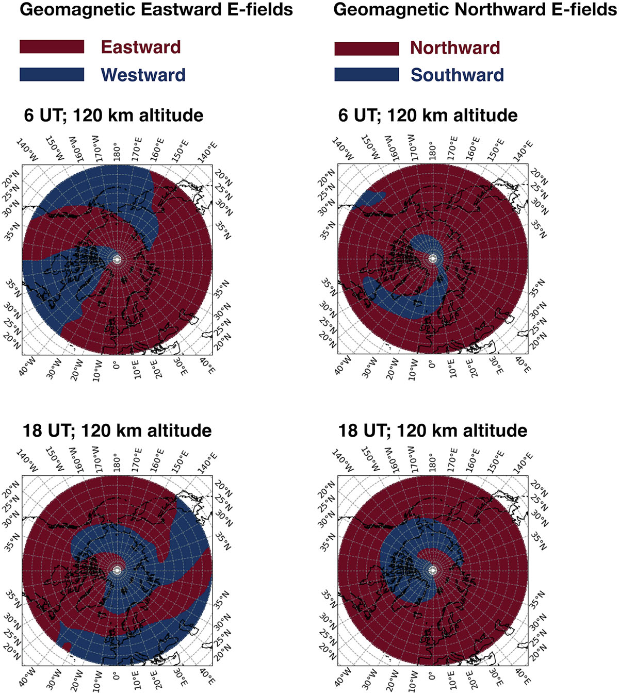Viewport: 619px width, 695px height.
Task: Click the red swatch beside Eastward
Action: (x=52, y=46)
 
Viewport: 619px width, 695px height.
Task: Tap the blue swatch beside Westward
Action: (x=52, y=74)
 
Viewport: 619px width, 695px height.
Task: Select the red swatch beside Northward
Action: (x=366, y=48)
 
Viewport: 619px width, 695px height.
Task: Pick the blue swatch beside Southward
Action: (x=366, y=75)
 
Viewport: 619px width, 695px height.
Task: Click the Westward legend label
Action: (x=143, y=75)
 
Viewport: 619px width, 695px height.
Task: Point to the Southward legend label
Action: (x=457, y=75)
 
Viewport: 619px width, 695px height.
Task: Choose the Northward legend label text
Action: (x=454, y=48)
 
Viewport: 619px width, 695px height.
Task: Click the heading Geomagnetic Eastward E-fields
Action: (x=156, y=9)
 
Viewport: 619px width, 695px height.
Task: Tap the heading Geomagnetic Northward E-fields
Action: (x=475, y=9)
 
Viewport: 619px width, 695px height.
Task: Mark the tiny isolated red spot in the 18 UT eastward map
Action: (x=67, y=646)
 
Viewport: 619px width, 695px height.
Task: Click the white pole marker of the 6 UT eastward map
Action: (x=117, y=259)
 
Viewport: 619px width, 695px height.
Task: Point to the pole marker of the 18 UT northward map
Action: (x=433, y=569)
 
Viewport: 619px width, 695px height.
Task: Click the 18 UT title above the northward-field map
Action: (x=432, y=431)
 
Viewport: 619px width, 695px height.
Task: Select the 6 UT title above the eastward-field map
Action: (x=113, y=115)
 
